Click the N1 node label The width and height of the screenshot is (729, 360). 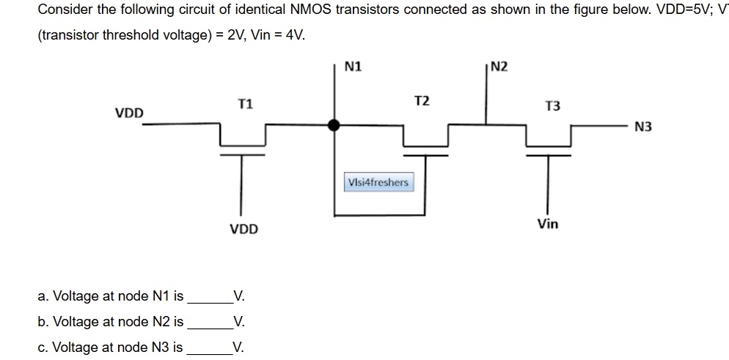pyautogui.click(x=353, y=67)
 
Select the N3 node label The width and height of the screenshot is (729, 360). pyautogui.click(x=643, y=127)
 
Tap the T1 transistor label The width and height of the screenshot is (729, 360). pyautogui.click(x=246, y=104)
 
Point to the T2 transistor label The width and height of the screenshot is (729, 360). pyautogui.click(x=422, y=100)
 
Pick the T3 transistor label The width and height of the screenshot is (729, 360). pyautogui.click(x=552, y=106)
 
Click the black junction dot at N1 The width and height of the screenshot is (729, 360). pyautogui.click(x=334, y=125)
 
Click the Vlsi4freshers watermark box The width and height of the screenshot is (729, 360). pyautogui.click(x=378, y=182)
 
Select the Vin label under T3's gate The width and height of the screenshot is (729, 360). pyautogui.click(x=547, y=224)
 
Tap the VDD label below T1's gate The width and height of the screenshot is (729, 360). pyautogui.click(x=244, y=229)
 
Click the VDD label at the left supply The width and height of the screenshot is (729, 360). pyautogui.click(x=130, y=113)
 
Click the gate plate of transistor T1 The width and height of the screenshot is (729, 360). pyautogui.click(x=241, y=155)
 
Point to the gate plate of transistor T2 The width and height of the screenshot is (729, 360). pyautogui.click(x=425, y=155)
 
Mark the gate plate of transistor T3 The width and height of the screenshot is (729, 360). pyautogui.click(x=546, y=155)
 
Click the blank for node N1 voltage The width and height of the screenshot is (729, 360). pyautogui.click(x=210, y=298)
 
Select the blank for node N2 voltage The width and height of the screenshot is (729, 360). pyautogui.click(x=210, y=323)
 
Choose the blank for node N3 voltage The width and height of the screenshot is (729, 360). pyautogui.click(x=210, y=348)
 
